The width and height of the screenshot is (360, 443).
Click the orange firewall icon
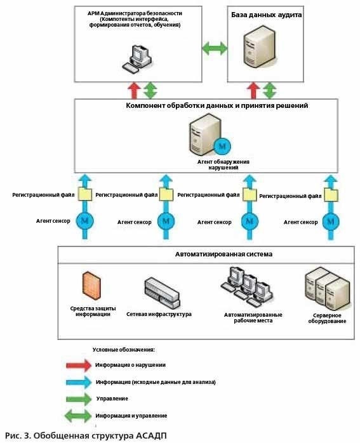tap(91, 286)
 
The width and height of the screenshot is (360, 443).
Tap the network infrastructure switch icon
tap(162, 293)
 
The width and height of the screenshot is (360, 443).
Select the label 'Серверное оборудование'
tap(327, 318)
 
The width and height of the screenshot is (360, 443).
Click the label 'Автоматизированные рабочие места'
tap(253, 317)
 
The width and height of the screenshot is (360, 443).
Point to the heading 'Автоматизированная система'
tap(223, 254)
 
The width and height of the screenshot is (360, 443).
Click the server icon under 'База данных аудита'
tap(260, 46)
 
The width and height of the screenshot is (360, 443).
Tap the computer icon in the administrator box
tap(137, 59)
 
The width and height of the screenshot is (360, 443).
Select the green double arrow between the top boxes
tap(215, 48)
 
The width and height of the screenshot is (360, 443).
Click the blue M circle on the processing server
tap(222, 147)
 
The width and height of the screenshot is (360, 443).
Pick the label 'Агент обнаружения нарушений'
tap(223, 164)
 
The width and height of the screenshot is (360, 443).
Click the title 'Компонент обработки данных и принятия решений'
tap(217, 105)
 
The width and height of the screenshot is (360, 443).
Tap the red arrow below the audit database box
tap(253, 90)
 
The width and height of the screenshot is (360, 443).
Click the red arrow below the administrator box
tap(134, 90)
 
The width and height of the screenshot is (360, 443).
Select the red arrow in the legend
tap(79, 366)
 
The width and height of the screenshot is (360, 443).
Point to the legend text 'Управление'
tap(112, 399)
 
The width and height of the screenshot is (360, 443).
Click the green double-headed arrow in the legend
tap(78, 416)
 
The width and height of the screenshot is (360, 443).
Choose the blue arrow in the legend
tap(79, 382)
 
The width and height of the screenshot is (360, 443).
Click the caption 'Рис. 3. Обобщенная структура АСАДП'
tap(86, 435)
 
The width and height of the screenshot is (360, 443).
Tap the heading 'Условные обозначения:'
tap(123, 350)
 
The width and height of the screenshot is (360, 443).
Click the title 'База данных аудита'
tap(266, 15)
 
